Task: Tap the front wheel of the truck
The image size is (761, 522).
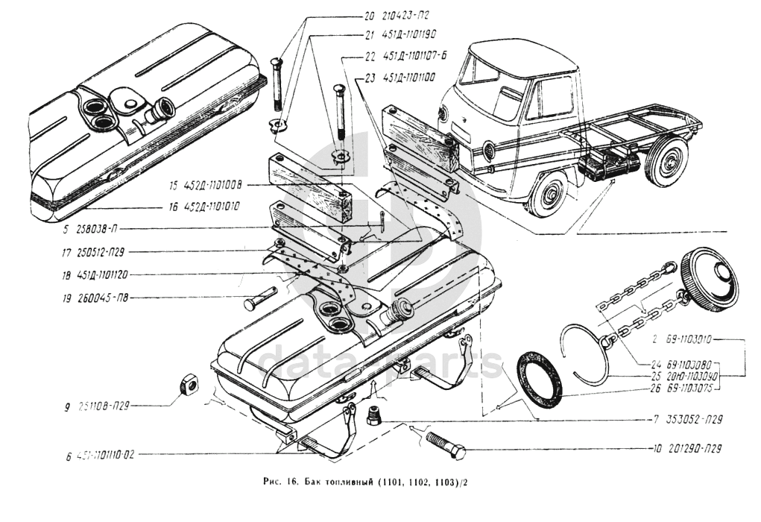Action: tap(552, 195)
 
